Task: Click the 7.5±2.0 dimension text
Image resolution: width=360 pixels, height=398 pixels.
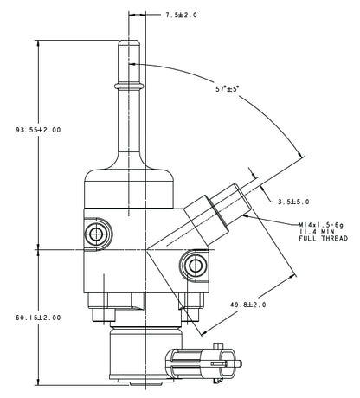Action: pos(182,15)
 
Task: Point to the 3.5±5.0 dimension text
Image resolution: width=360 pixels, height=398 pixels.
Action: pos(295,202)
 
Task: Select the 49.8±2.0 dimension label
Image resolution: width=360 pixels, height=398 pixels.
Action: pos(247,305)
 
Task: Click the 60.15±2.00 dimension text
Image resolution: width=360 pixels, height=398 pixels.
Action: pos(38,318)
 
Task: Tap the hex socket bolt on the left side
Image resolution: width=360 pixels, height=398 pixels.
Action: pos(94,233)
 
